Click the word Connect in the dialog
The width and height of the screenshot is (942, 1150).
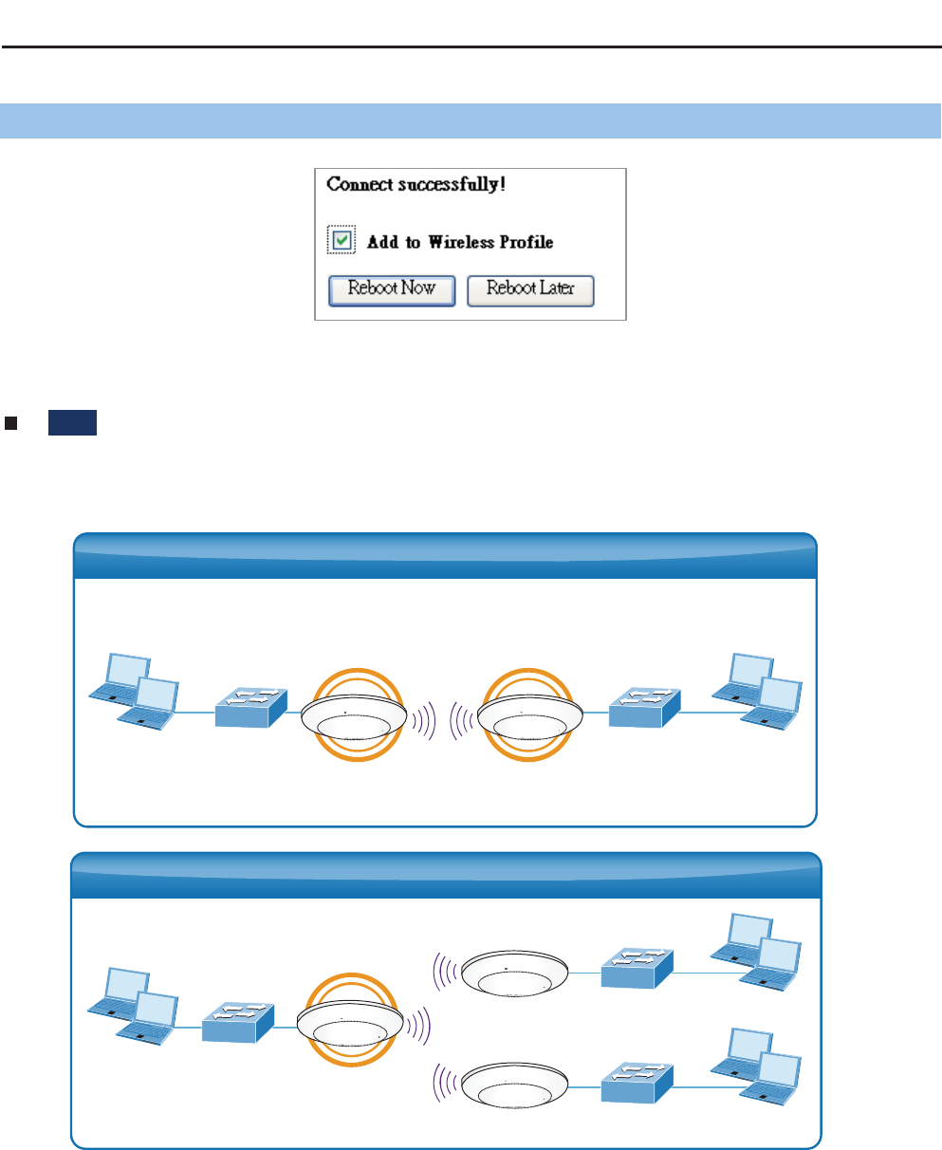pos(356,184)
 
